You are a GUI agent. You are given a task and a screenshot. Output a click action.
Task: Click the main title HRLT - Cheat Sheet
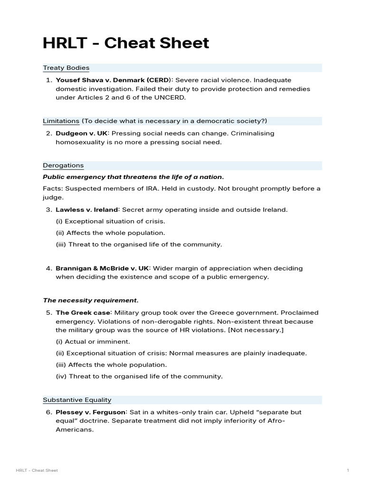coord(126,43)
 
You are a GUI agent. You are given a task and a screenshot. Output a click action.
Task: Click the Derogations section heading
coord(63,166)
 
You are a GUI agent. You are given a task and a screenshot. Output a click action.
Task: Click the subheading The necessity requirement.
coord(91,300)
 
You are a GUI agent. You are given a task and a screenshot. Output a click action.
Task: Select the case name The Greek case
coord(83,313)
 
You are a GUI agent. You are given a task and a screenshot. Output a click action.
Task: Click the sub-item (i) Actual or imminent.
coord(93,342)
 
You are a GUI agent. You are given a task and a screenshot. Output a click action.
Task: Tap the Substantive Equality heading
coord(77,400)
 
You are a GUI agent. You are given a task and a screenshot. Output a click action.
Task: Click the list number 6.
coord(48,412)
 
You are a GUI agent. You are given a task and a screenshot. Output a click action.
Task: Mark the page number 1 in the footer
coord(348,470)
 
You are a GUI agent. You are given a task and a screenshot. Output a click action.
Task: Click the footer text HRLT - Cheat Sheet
coord(37,470)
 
